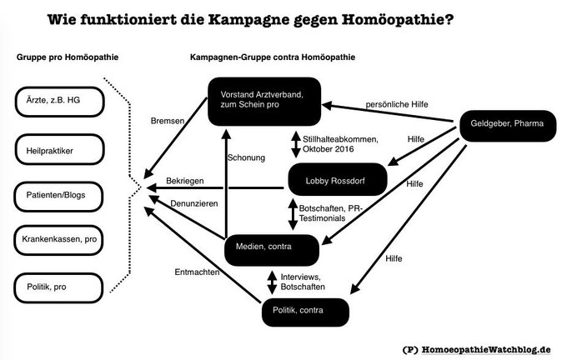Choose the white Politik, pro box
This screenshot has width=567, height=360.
click(x=58, y=287)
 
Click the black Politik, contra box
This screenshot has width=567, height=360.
click(x=305, y=311)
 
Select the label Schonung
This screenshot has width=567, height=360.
click(x=247, y=158)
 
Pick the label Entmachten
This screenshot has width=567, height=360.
click(x=196, y=272)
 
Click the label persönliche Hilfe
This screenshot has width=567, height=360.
click(x=396, y=103)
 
